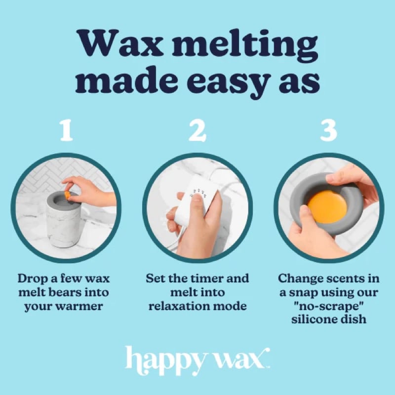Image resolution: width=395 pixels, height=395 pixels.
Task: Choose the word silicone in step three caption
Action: [x=313, y=319]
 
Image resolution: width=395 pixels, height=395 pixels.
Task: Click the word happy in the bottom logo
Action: [x=163, y=358]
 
